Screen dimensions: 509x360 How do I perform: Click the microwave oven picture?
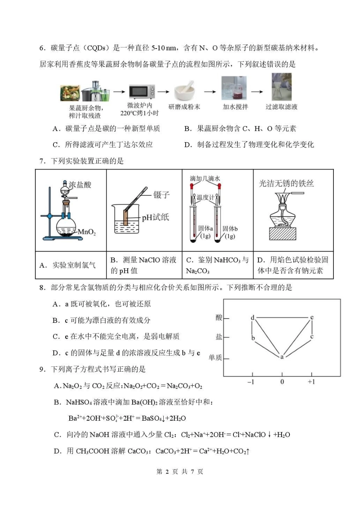[142, 91]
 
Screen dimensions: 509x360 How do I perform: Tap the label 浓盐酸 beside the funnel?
[80, 185]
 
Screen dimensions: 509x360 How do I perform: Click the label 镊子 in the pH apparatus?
[161, 195]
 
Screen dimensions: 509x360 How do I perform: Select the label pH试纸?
[155, 217]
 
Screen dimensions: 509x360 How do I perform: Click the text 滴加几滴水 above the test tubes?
[205, 178]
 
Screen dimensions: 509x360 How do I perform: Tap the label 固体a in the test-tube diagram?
[205, 228]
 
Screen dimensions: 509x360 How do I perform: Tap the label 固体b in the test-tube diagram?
[230, 228]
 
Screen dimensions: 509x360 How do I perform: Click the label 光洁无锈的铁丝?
[286, 184]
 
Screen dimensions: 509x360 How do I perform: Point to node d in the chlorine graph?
[253, 317]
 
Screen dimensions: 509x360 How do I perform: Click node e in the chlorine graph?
[312, 317]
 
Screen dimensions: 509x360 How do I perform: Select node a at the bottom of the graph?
[282, 357]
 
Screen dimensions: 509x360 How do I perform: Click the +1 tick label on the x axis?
[311, 382]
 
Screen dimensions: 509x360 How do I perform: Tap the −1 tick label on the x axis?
[250, 382]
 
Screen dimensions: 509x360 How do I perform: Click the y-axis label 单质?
[215, 357]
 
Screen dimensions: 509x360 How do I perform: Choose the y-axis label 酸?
[219, 317]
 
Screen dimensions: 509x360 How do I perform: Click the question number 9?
[42, 369]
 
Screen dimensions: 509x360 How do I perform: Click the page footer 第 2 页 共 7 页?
[180, 471]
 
